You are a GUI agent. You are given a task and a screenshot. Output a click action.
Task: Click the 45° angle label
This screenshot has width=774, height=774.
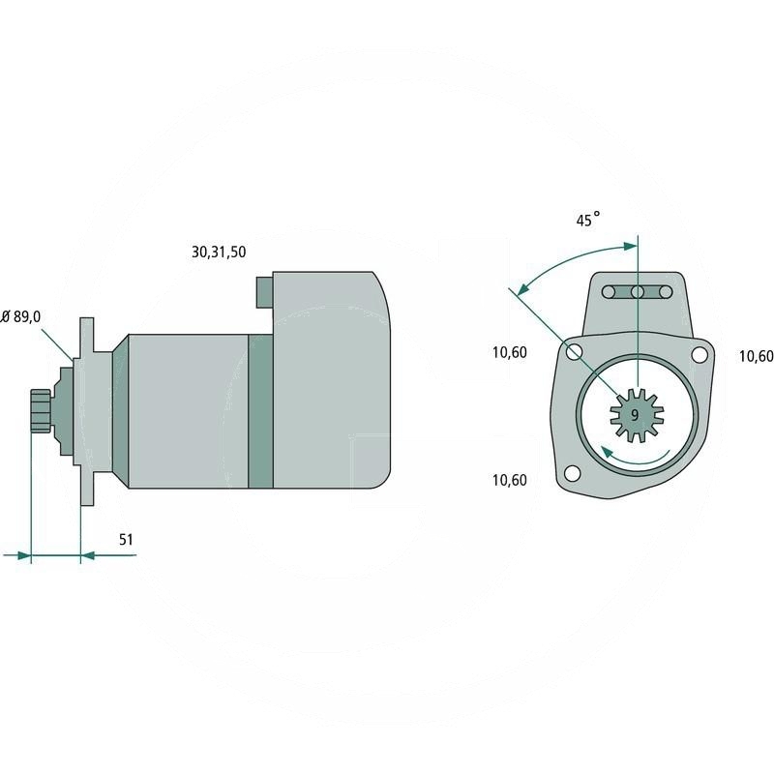(x=588, y=220)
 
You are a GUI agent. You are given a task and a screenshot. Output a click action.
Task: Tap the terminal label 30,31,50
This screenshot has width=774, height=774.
(x=219, y=252)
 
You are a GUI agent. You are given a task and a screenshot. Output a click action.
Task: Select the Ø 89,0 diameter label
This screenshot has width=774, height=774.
(x=20, y=316)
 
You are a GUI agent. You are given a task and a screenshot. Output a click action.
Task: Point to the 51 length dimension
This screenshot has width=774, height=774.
(x=126, y=539)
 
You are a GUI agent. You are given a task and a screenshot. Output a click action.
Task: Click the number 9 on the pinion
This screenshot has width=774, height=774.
(x=635, y=415)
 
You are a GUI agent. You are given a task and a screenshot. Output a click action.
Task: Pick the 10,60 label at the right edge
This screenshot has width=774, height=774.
(x=756, y=356)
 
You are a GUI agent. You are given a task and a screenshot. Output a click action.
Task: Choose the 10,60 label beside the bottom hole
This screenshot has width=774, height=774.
(x=510, y=480)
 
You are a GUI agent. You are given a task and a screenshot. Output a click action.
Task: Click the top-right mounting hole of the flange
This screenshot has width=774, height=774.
(x=699, y=354)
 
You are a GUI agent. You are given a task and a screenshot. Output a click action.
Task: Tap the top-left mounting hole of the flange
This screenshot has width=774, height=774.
(x=574, y=352)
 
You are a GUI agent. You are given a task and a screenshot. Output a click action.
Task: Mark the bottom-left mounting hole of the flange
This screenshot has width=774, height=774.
(x=572, y=473)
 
